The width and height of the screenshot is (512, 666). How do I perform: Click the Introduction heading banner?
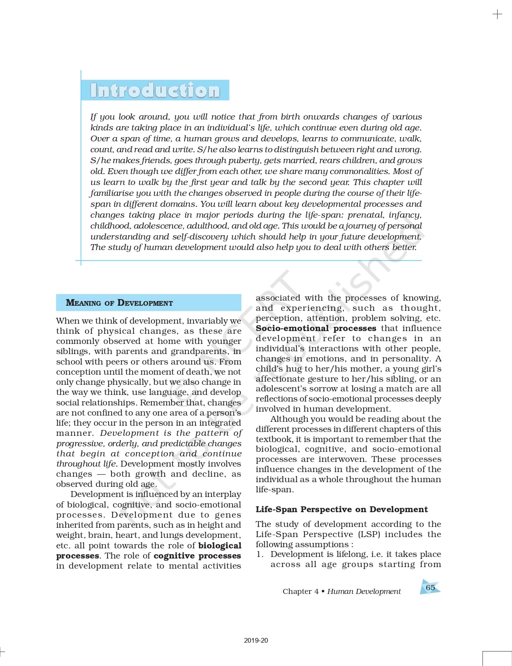(x=155, y=90)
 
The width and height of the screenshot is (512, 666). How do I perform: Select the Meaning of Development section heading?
(x=119, y=303)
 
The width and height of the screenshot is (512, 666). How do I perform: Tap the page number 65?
(x=430, y=587)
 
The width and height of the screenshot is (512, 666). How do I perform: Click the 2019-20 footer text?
(x=256, y=640)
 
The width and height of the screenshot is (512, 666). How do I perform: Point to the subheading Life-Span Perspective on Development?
(x=342, y=509)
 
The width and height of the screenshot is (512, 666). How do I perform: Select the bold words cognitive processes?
(x=197, y=556)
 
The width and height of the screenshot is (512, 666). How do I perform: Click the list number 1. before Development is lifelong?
(x=260, y=554)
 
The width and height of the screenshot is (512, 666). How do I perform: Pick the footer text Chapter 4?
(x=300, y=591)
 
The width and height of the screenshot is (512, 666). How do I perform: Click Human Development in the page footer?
(x=364, y=591)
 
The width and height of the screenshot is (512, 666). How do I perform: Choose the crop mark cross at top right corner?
(x=498, y=15)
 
